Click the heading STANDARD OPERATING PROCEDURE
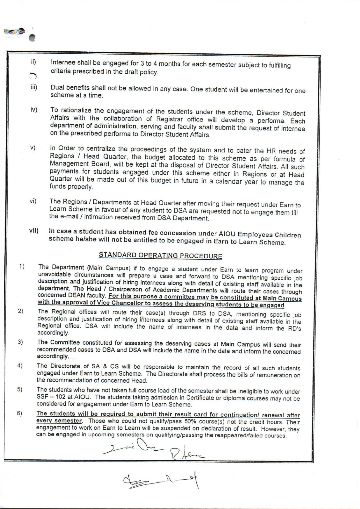pyautogui.click(x=160, y=255)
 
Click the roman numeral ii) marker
pyautogui.click(x=34, y=62)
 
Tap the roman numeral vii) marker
pyautogui.click(x=34, y=231)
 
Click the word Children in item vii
pyautogui.click(x=286, y=235)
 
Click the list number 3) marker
pyautogui.click(x=20, y=342)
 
